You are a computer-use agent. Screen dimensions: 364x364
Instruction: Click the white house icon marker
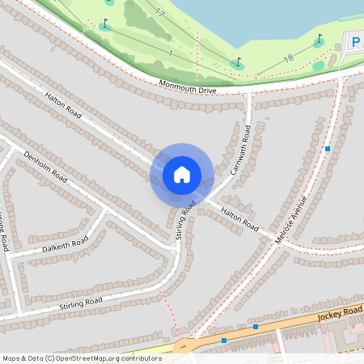(x=182, y=174)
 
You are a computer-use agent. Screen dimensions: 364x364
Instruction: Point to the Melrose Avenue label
(x=293, y=218)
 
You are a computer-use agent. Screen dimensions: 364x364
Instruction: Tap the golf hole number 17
(x=159, y=13)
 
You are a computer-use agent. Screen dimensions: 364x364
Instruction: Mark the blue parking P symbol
(x=354, y=40)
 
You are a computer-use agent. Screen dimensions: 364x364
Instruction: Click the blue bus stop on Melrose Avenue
(x=327, y=149)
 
